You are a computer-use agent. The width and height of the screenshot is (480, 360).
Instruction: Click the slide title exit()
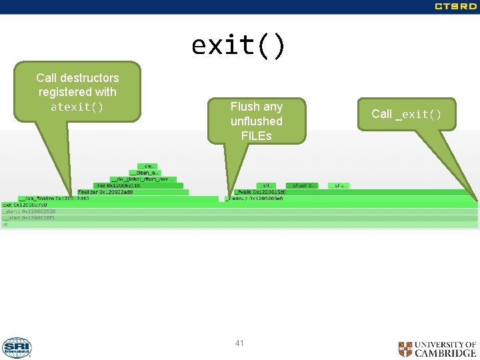coord(239,45)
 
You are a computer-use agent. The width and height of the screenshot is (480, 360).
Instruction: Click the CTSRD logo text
coord(455,7)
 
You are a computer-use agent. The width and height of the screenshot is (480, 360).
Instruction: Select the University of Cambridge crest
coord(405,349)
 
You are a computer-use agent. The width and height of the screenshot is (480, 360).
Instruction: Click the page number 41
coord(239,343)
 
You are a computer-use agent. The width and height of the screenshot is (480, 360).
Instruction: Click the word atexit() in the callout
coord(77,107)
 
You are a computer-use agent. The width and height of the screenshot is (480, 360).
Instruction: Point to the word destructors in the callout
coord(91,77)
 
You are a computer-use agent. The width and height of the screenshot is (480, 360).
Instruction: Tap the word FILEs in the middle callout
coord(256,135)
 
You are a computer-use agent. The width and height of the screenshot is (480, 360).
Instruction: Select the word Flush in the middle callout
coord(243,107)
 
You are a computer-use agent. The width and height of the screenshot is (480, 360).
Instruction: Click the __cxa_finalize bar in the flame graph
coord(53,199)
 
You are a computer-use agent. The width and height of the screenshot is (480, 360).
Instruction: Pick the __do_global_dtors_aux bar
coord(143,179)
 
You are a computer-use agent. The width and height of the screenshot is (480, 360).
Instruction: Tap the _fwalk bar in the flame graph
coord(260,192)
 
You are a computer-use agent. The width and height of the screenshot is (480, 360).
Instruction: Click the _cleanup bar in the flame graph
coord(255,199)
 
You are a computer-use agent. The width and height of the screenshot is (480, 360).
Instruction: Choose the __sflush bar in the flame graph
coord(302,185)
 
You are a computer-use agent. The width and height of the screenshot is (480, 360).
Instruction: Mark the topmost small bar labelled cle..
coord(147,166)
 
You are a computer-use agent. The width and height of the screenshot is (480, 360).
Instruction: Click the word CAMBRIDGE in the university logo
coord(445,353)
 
